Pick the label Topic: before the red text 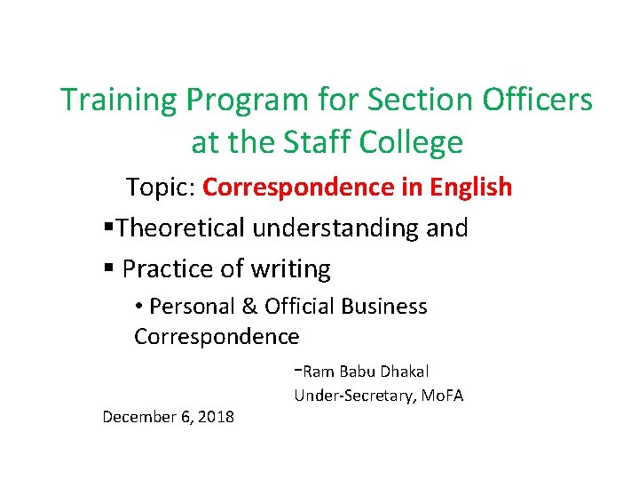(x=162, y=188)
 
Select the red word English (x=471, y=188)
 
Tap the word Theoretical (x=183, y=228)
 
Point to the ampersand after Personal (x=249, y=307)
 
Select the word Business (x=387, y=307)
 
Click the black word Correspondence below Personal (x=217, y=337)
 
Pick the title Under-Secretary (x=348, y=396)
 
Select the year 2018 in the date (x=217, y=416)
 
